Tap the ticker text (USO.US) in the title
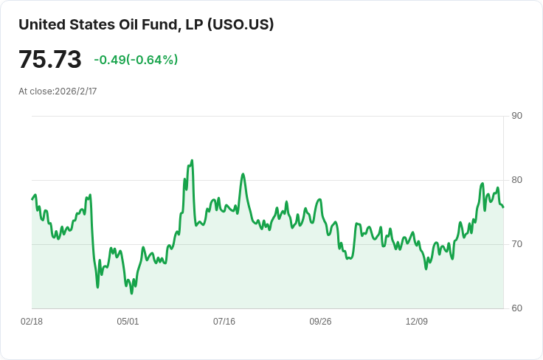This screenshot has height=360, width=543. point(241,24)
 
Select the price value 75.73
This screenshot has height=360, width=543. point(50,60)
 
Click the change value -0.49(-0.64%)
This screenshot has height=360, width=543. point(136,60)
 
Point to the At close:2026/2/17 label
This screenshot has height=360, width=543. point(58,91)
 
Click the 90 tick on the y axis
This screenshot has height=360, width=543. point(516,116)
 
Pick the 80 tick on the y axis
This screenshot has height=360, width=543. point(516,180)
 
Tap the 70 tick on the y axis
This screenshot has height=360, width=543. point(516,244)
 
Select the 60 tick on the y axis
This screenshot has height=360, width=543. point(516,308)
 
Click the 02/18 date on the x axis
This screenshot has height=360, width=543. point(32,322)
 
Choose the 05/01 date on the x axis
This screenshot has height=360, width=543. point(128,322)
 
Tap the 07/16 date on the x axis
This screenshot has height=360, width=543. point(224,322)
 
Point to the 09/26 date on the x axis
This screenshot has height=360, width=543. point(320,322)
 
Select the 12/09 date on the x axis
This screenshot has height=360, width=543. point(417,322)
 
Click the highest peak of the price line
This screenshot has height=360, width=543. point(192,160)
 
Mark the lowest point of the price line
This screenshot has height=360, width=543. point(132,294)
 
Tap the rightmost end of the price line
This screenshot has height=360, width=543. point(503,207)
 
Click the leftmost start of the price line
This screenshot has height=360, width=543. point(32,199)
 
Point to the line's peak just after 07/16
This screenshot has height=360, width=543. point(243,174)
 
